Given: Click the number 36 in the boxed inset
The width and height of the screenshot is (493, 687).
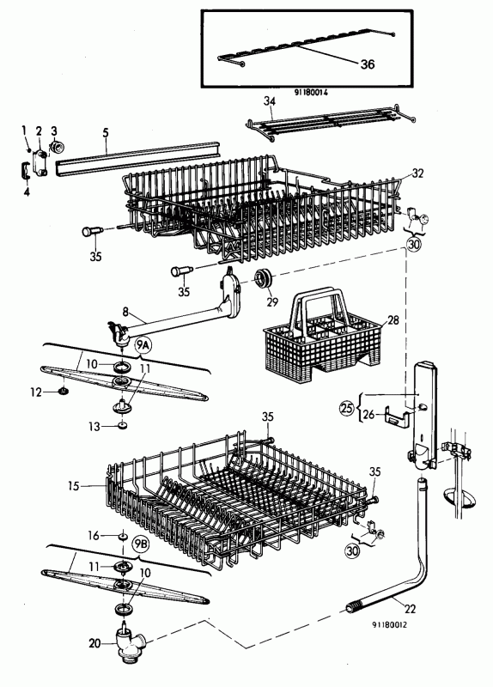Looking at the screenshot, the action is (x=368, y=64).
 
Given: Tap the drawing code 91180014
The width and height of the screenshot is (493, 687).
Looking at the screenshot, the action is (x=311, y=93).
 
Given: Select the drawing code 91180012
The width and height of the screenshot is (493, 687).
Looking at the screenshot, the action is (x=389, y=624).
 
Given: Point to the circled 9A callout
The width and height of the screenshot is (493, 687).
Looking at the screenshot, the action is (x=143, y=347).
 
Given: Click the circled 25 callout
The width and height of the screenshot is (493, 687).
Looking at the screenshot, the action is (x=347, y=409).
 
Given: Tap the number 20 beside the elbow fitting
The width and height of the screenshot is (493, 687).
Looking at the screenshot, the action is (x=94, y=643).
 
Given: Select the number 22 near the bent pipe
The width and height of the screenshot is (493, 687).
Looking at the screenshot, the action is (x=411, y=609).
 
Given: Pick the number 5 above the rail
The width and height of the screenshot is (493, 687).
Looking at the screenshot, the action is (x=106, y=132).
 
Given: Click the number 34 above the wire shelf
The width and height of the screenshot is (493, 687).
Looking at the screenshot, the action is (x=270, y=101).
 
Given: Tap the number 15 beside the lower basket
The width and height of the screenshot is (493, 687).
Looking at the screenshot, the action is (x=74, y=485).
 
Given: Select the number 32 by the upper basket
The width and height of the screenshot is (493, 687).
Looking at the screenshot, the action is (x=418, y=173).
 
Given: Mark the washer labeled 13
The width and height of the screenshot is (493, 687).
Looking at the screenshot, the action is (x=122, y=425).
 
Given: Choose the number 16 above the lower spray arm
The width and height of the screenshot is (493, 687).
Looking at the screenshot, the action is (x=94, y=535).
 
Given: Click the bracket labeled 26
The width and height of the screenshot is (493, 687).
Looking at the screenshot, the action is (x=397, y=416).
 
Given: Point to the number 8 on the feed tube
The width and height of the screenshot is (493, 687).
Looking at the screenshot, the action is (x=125, y=312).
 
